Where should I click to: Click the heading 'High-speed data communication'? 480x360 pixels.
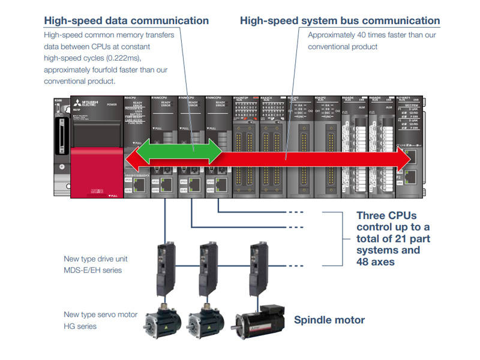pyautogui.click(x=126, y=20)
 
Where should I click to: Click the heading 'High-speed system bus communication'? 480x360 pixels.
pyautogui.click(x=340, y=20)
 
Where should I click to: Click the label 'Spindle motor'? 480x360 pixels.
pyautogui.click(x=329, y=320)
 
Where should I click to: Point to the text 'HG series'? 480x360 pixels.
pyautogui.click(x=80, y=326)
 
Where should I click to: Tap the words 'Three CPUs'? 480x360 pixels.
pyautogui.click(x=386, y=215)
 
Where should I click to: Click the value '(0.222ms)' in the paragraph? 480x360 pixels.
pyautogui.click(x=124, y=58)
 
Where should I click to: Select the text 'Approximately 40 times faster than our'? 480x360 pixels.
pyautogui.click(x=372, y=35)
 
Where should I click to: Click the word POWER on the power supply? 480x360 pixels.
pyautogui.click(x=112, y=104)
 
